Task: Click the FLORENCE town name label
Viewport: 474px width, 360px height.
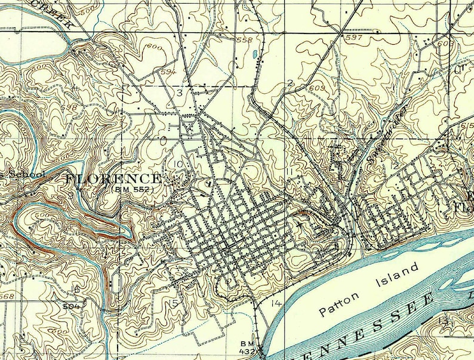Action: [x=113, y=179]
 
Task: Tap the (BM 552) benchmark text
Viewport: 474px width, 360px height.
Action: [x=133, y=189]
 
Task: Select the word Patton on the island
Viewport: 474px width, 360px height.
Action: [x=336, y=303]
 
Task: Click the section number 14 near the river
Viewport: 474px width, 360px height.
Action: [x=276, y=303]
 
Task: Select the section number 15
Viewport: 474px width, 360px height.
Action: [x=174, y=304]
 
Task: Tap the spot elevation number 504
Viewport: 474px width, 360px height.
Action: [x=70, y=304]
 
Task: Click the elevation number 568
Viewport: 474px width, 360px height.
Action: [x=7, y=297]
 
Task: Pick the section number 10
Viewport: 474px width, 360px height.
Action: [x=178, y=164]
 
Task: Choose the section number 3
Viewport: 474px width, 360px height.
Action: [x=178, y=93]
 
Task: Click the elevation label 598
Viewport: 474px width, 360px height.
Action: [x=69, y=107]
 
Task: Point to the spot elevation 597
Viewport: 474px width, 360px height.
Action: [x=354, y=38]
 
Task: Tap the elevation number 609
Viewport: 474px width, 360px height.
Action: [x=316, y=88]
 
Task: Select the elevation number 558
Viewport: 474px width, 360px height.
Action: [x=245, y=40]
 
